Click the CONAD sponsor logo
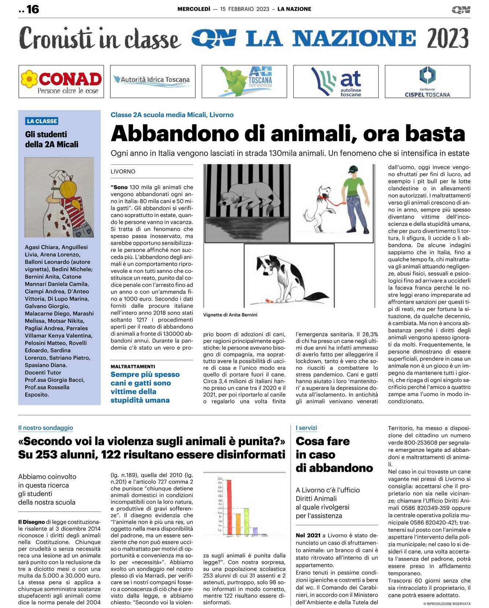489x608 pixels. (61, 81)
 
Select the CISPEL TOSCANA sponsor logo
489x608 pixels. (427, 81)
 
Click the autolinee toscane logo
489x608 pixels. (336, 81)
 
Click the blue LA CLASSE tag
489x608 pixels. (42, 121)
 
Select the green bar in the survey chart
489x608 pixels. (247, 521)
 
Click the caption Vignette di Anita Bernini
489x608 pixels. (230, 314)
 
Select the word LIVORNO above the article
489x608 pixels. (123, 171)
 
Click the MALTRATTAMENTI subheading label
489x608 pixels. (133, 366)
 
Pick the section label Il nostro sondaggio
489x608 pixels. (45, 427)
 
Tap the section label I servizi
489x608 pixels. (306, 427)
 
